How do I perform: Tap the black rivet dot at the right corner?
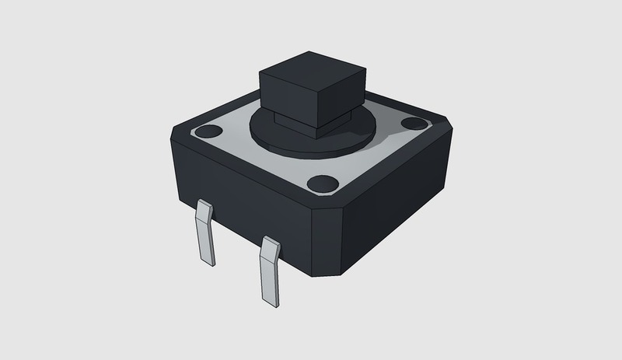(412, 124)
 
